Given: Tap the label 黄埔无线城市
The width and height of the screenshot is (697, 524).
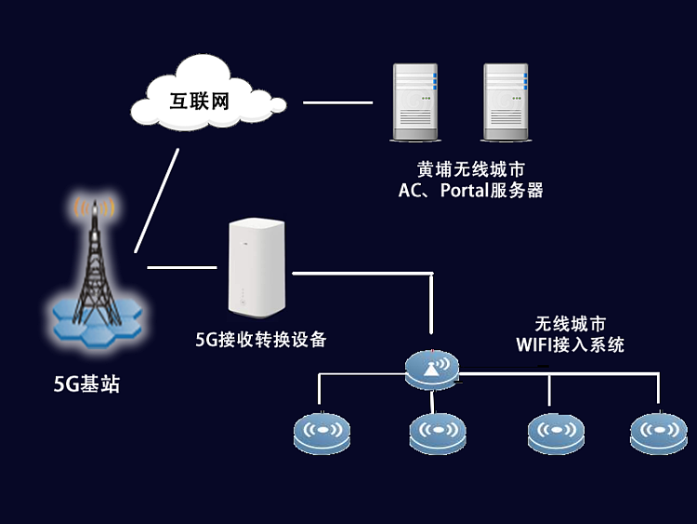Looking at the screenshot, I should pos(470,170).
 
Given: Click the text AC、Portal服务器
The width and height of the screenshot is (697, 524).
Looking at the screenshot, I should pos(470,191).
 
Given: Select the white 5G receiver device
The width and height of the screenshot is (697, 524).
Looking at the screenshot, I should pos(253,267).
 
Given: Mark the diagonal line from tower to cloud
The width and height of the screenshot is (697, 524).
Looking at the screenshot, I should pos(156,198).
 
